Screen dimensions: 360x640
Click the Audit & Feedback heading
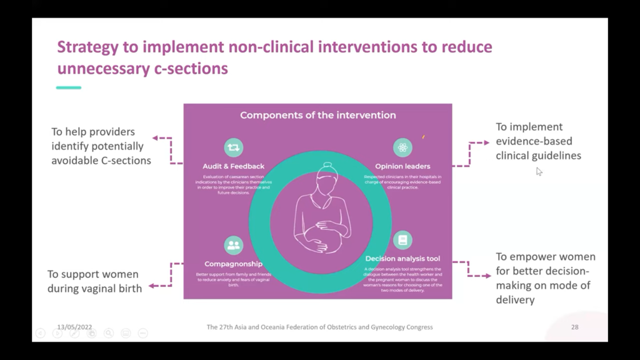[234, 166]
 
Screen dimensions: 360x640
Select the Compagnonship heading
[233, 264]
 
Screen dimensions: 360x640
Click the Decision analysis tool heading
[402, 258]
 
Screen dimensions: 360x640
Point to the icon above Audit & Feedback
[234, 147]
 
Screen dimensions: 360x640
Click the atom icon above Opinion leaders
[402, 147]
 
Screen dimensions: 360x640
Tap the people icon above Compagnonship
[234, 245]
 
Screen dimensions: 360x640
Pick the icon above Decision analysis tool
[402, 240]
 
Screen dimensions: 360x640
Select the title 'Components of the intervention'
[317, 115]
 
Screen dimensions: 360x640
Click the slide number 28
[574, 327]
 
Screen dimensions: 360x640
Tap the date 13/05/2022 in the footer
[74, 327]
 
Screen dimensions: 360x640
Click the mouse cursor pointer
[539, 171]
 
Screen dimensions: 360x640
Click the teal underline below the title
[69, 87]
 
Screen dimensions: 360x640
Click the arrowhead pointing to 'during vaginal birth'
[152, 286]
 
